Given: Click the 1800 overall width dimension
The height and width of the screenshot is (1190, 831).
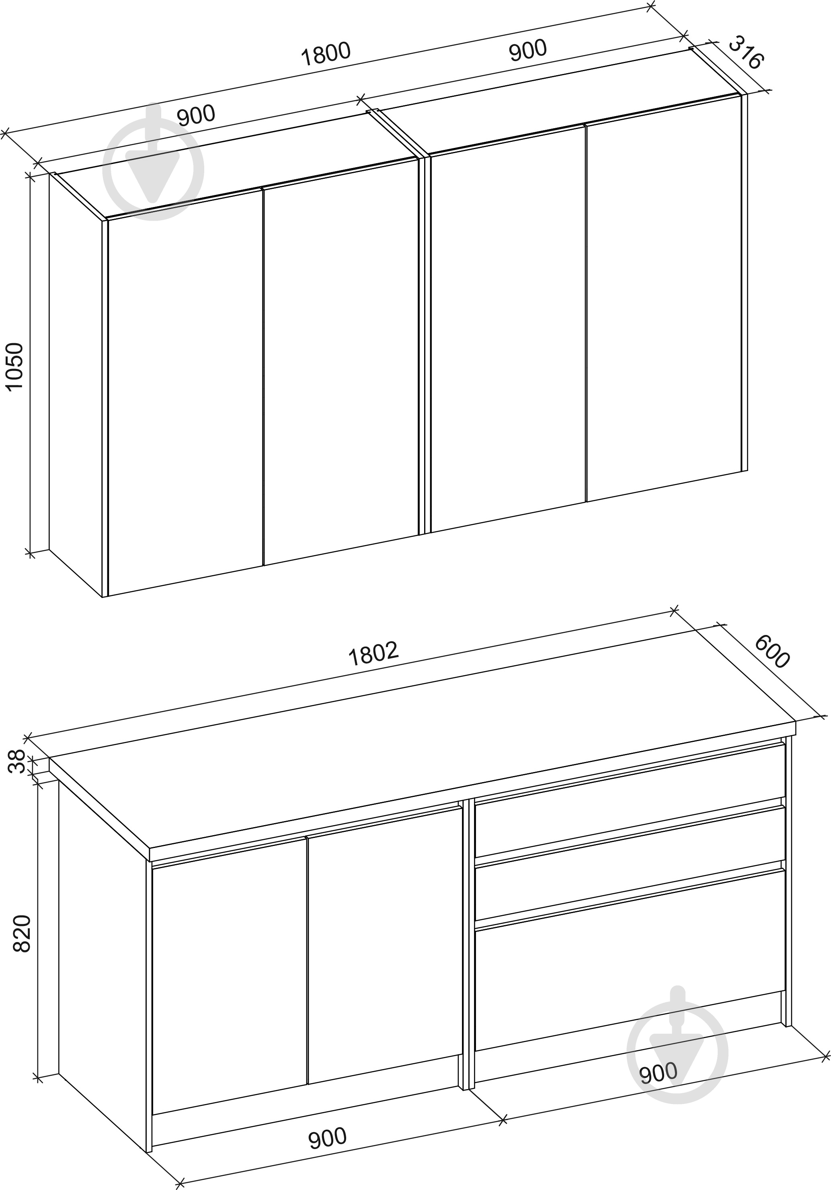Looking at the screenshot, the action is pyautogui.click(x=326, y=54).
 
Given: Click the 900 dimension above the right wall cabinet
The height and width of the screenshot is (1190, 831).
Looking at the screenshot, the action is pyautogui.click(x=528, y=50).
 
